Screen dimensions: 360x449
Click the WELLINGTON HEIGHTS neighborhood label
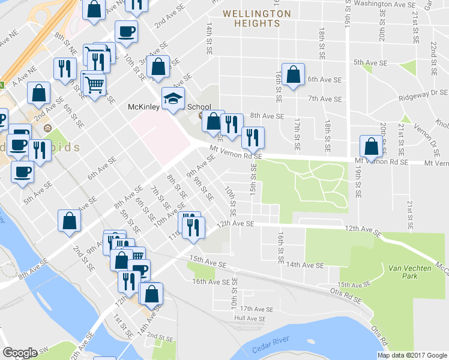pos(256,18)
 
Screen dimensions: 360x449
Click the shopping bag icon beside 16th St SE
pos(293,76)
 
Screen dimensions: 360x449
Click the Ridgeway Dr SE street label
pos(423,97)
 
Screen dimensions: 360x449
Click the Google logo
pos(20,353)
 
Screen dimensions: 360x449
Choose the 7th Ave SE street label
pos(324,98)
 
